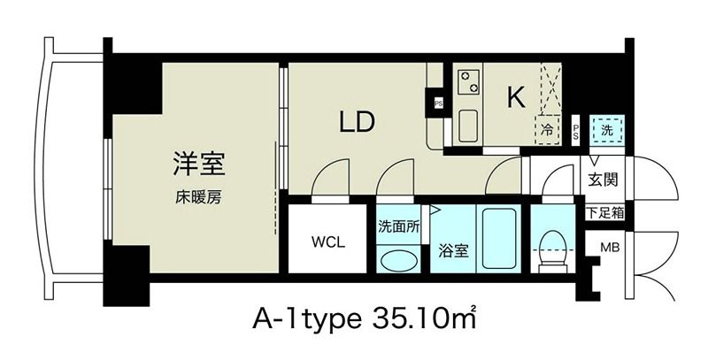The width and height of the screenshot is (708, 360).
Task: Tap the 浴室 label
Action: [453, 250]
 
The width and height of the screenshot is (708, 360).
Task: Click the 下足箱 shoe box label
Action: [604, 212]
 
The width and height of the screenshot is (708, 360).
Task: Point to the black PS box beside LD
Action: [438, 103]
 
